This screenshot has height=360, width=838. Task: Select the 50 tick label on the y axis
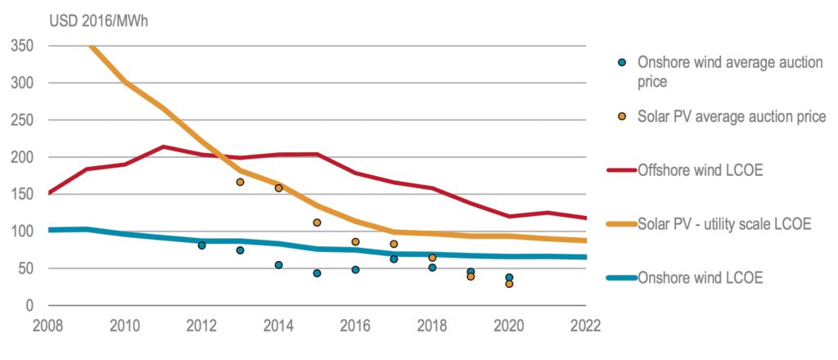click(25, 268)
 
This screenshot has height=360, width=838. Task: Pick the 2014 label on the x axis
click(278, 325)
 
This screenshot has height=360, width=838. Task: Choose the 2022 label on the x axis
click(584, 325)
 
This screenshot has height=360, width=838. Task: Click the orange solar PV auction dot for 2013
click(240, 182)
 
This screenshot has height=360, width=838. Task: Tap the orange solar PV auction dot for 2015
click(317, 223)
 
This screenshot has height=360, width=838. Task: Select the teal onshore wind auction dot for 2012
click(201, 245)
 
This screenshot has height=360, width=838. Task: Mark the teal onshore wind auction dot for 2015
click(317, 273)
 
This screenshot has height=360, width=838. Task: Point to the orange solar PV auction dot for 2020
click(509, 284)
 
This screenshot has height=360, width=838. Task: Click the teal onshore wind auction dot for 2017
click(394, 259)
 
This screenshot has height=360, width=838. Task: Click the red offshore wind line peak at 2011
click(164, 147)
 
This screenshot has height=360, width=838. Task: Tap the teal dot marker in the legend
click(622, 61)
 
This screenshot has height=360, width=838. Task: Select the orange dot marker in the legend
click(622, 117)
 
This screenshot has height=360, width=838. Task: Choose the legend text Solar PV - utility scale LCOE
click(723, 223)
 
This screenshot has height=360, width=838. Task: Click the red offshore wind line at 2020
click(509, 216)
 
